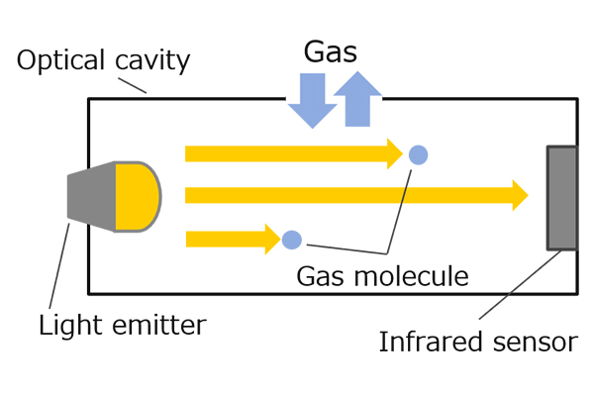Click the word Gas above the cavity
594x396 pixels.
pos(331,51)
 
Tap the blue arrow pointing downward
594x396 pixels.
pos(312,101)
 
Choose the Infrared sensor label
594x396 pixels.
pos(477,343)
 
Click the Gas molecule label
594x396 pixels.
pos(382,275)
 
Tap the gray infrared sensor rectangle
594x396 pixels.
pos(561,197)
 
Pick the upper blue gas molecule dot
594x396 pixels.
pos(419,154)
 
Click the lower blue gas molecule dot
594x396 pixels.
pos(291,239)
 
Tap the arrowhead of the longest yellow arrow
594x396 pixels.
pos(519,195)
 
